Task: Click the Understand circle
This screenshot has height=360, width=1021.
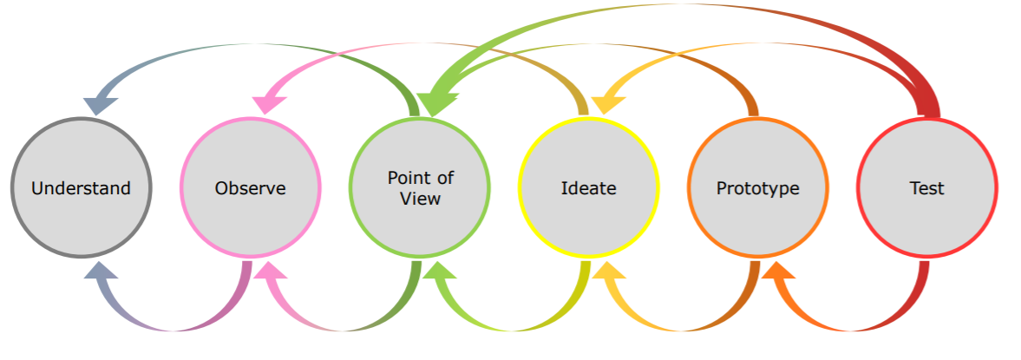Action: click(x=82, y=187)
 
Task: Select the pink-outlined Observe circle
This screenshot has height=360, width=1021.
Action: click(x=251, y=187)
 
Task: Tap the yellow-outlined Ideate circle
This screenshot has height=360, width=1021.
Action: click(x=588, y=187)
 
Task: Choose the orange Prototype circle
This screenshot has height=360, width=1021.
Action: click(x=757, y=187)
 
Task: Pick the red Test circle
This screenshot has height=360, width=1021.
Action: click(x=926, y=187)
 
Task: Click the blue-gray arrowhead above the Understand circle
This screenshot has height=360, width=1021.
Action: click(x=101, y=102)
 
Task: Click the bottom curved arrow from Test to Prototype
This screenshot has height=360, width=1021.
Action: click(x=854, y=328)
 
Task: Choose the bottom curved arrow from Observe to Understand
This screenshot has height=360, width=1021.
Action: click(x=173, y=328)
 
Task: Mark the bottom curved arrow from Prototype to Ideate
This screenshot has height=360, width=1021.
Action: click(x=685, y=328)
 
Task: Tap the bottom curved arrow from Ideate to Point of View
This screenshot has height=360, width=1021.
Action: click(x=516, y=328)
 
